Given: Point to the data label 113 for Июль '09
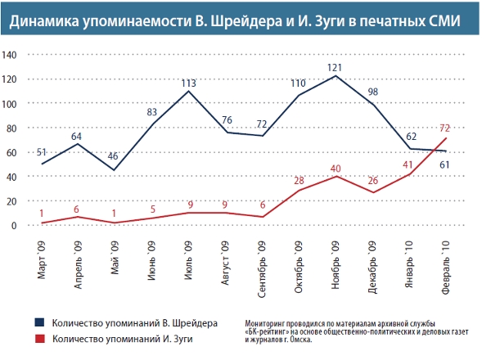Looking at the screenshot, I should [189, 82].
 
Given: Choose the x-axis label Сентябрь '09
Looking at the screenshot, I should [260, 269].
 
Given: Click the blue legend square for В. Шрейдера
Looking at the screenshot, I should [38, 322].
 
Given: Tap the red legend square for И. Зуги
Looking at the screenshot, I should [38, 338].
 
